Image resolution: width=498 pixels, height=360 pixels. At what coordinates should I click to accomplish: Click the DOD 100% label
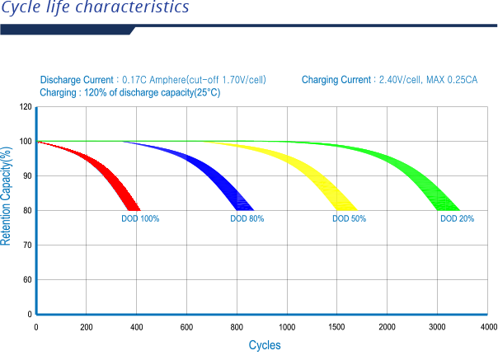(140, 219)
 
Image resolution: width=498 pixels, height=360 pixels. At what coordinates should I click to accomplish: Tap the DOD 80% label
(247, 219)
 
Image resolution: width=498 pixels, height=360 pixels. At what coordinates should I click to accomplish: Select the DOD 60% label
(349, 219)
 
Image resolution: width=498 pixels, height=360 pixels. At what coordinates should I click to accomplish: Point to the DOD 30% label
(457, 219)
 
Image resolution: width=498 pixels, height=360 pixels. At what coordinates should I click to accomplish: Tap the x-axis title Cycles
(265, 345)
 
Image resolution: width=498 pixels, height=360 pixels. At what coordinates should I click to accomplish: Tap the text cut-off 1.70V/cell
(231, 80)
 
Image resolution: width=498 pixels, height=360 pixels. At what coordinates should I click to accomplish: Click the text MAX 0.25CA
(453, 80)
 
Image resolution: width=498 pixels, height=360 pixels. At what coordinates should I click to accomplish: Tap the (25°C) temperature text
(206, 93)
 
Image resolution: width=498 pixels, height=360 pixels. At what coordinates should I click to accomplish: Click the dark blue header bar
(66, 31)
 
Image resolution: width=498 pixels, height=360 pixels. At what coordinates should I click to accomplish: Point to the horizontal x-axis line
(264, 314)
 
